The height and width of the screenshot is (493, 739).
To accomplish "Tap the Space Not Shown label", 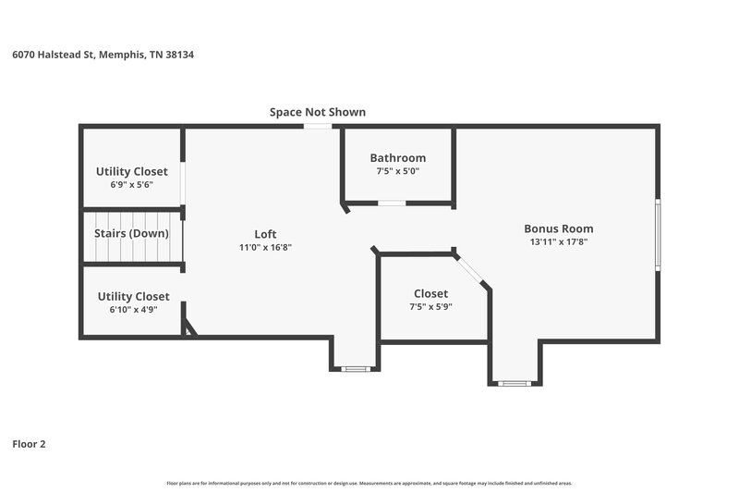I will point(317,112).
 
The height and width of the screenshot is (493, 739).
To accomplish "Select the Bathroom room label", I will point(397,158).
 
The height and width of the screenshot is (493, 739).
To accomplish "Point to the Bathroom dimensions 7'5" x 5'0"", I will point(397,171).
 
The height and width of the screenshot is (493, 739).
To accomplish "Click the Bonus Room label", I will point(558,228).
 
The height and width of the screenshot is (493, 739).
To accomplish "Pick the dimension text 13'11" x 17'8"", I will point(558,242).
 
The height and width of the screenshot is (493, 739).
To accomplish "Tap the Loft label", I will point(265,234).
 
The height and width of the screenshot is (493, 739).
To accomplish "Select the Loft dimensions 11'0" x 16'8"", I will point(265,247).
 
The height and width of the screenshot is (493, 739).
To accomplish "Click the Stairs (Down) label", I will point(131,233).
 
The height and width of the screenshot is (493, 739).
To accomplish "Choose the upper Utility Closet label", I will point(131,171).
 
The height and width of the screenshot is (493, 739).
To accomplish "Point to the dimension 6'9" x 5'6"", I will point(131,184).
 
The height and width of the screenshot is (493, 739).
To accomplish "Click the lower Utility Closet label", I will point(133,296).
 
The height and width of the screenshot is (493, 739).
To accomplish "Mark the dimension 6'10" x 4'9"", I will point(133,309).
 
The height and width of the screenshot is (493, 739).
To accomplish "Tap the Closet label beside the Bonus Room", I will point(430,293).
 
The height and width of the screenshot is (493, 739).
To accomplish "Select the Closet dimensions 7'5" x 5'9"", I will point(430,307).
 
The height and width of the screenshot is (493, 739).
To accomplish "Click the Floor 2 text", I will point(29,444).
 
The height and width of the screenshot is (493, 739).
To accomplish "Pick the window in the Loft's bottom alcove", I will point(355,369).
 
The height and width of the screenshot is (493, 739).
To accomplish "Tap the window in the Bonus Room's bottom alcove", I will point(513,382).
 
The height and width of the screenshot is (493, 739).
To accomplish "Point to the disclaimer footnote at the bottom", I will point(369,483).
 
